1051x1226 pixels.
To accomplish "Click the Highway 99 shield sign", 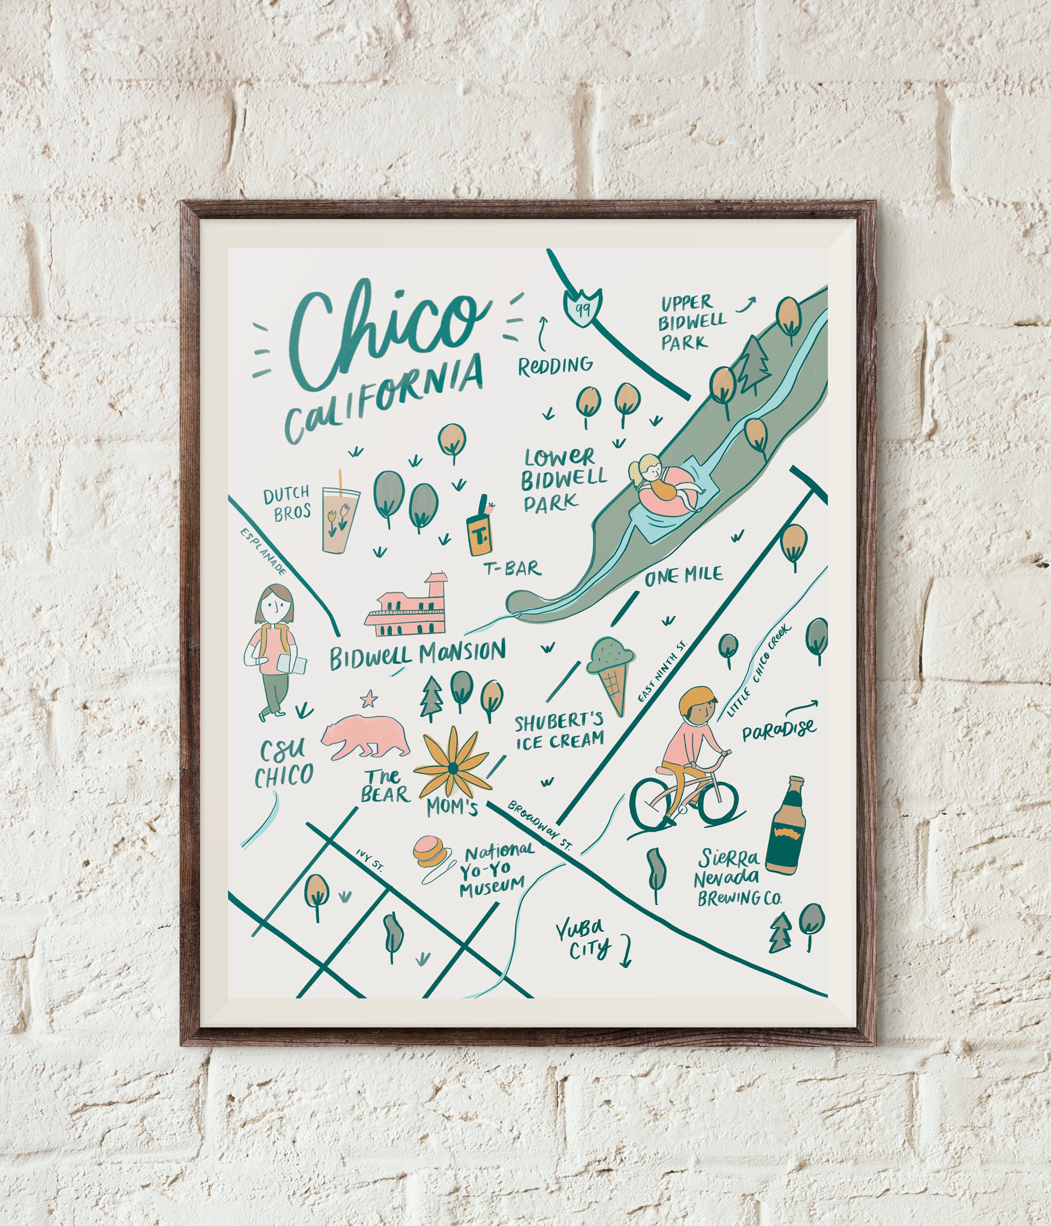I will coord(582,307).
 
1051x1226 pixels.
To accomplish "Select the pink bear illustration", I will coord(365,737).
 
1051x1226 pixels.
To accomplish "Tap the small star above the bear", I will coord(369,699).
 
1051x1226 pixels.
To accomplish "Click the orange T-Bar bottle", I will coord(478,530).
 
